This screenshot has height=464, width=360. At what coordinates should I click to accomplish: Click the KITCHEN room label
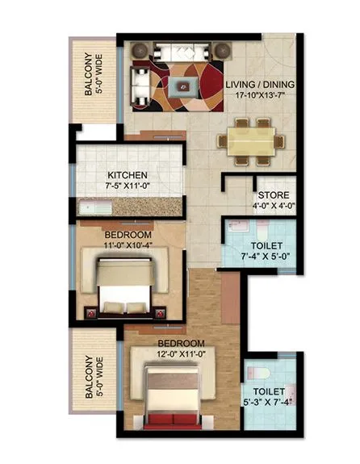tap(128, 174)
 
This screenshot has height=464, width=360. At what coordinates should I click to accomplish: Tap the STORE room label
tap(273, 196)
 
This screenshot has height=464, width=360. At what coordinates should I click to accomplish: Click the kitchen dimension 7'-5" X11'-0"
tap(128, 186)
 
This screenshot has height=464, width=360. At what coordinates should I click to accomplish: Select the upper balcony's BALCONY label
tap(88, 74)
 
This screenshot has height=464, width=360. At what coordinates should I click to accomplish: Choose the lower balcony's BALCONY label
tap(88, 378)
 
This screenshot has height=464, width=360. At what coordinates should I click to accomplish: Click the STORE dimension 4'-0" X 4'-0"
tap(273, 207)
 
